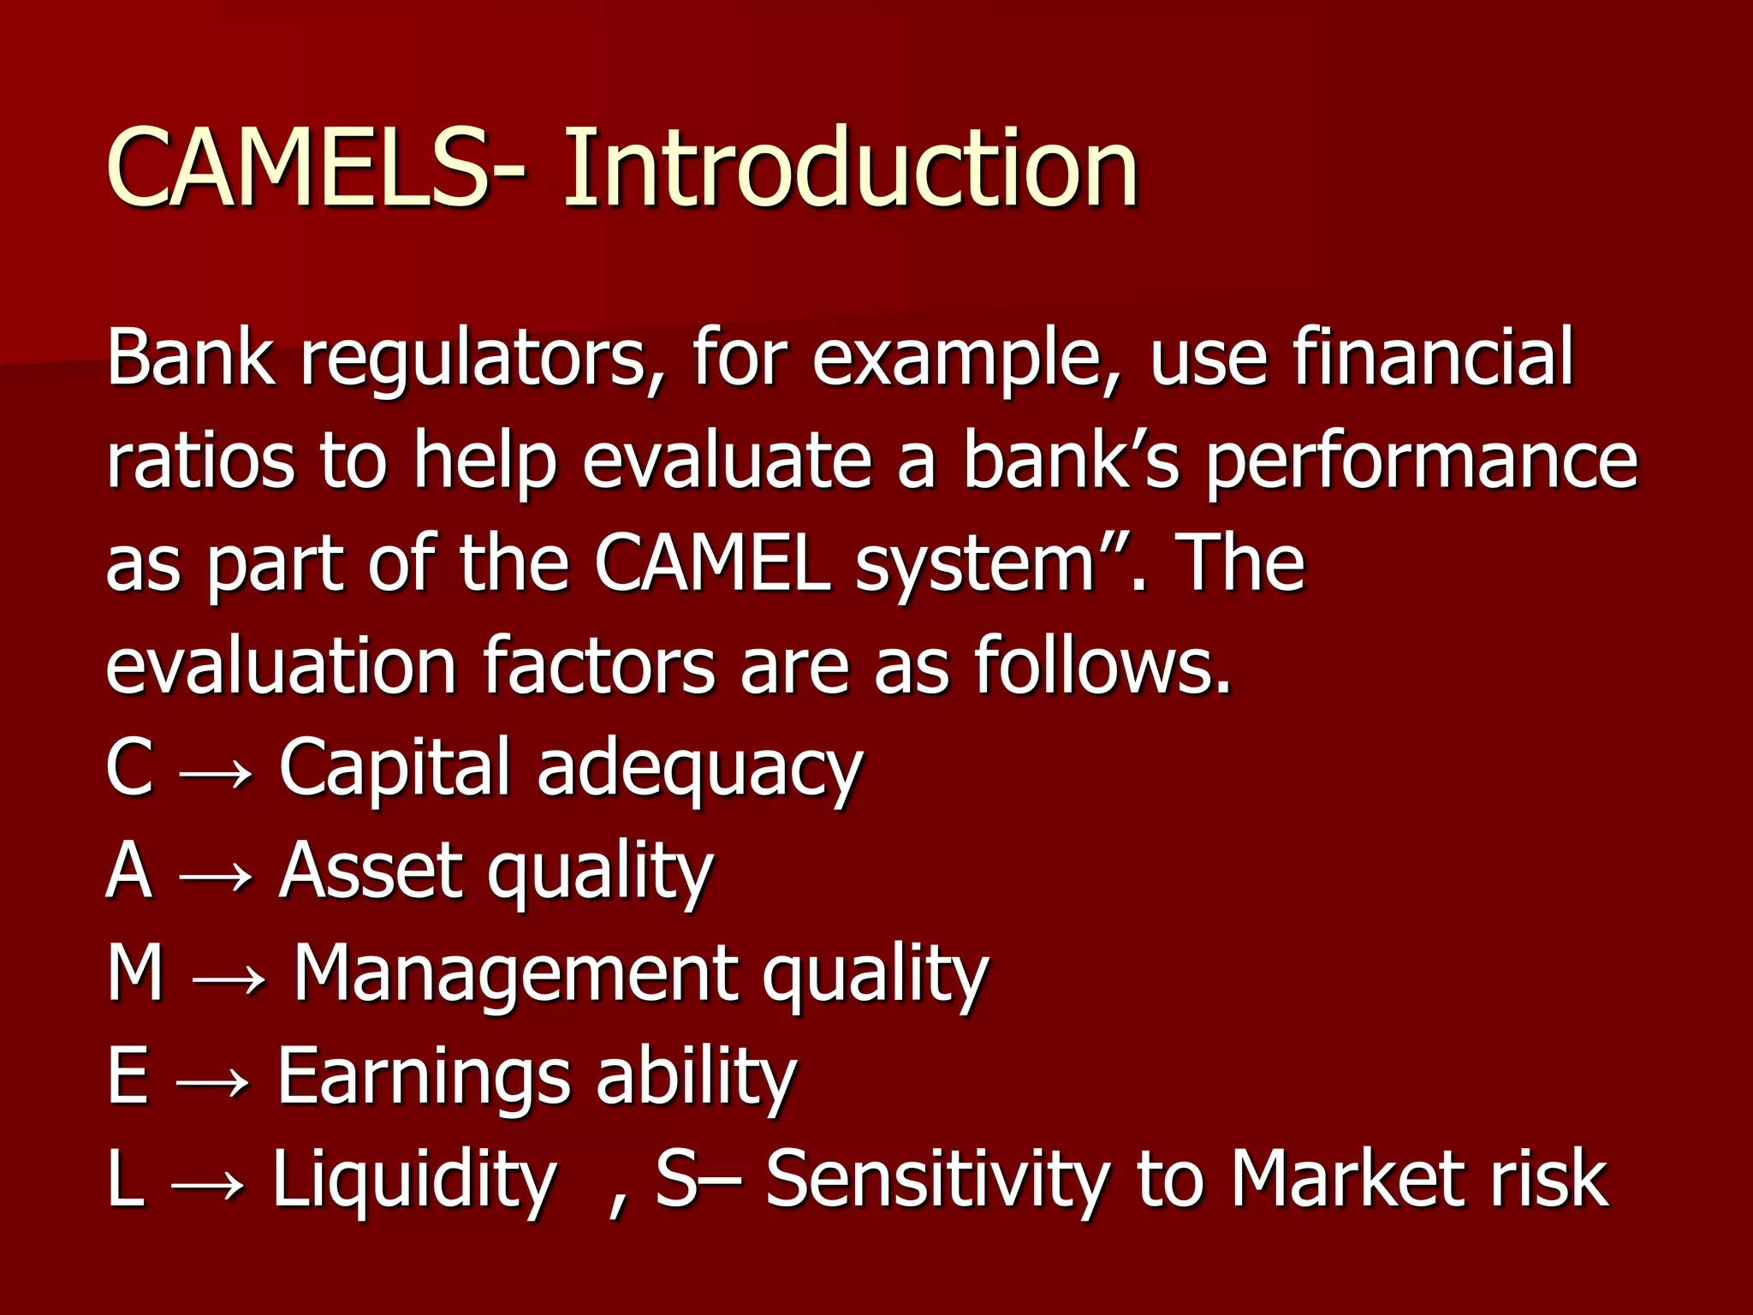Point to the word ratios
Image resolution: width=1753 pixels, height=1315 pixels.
point(199,461)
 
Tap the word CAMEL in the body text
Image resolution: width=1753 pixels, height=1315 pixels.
point(713,563)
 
